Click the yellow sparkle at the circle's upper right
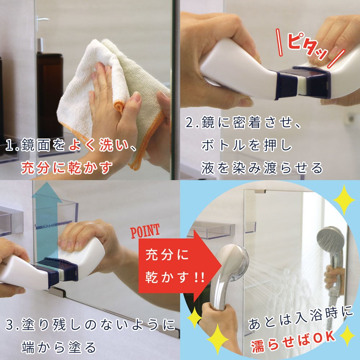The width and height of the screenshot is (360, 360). click(344, 197)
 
